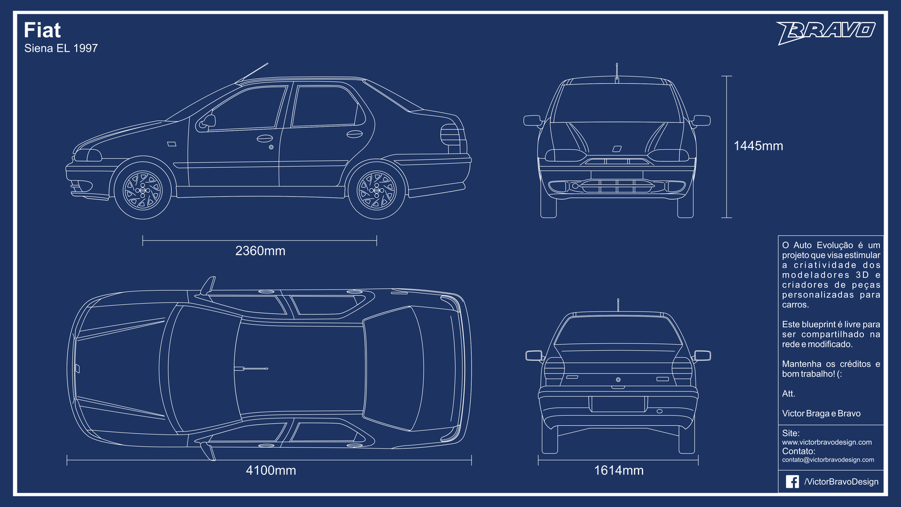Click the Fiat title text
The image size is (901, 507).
42,30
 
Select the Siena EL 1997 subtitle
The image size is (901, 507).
61,48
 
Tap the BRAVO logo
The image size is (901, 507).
826,33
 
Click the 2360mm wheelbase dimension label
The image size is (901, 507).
260,251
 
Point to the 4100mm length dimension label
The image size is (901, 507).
271,470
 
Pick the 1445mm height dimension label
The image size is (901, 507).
758,146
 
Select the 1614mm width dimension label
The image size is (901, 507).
619,470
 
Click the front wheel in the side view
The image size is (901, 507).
143,190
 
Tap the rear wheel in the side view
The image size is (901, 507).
377,190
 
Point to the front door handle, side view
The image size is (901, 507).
264,139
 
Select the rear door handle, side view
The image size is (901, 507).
354,134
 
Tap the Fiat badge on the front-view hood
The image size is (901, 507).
617,149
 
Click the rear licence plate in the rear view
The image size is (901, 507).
618,404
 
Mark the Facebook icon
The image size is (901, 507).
792,482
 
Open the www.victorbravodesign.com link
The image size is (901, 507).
827,442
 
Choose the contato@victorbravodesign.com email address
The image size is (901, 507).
828,460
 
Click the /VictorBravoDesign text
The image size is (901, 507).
841,482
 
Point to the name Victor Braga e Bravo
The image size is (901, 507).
822,413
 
